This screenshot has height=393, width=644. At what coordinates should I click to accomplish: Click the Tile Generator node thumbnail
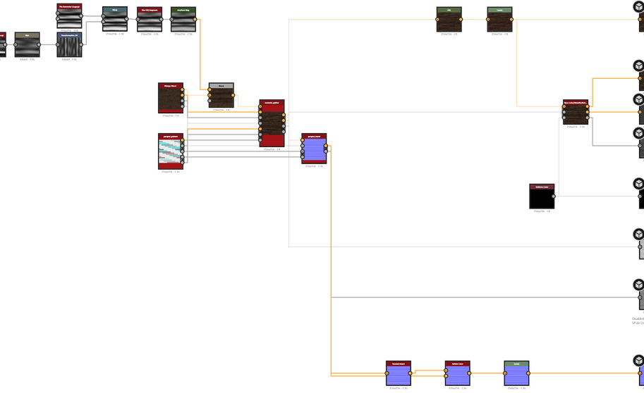coord(69,19)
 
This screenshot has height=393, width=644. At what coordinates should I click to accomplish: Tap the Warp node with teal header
coord(114,20)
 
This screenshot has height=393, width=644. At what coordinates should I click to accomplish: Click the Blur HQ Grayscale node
coord(150,20)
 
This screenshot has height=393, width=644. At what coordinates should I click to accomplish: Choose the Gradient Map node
coord(183,20)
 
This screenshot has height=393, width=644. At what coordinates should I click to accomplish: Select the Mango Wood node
coord(170,99)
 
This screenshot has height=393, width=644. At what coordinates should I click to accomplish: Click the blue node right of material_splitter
coord(314,149)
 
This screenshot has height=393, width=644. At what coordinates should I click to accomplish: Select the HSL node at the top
coord(449,20)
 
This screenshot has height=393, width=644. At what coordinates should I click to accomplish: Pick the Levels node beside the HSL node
coord(499,20)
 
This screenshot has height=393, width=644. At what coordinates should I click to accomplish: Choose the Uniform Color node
coord(541,196)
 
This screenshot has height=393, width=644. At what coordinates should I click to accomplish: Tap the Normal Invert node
coord(398,373)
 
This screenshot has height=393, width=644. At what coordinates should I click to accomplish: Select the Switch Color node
coord(457,373)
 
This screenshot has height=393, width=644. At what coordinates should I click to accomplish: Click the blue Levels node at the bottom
coord(516,373)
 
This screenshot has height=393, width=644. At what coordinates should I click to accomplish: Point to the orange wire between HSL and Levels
coord(474,20)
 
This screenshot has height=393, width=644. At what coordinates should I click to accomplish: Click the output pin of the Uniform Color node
coord(554,196)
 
